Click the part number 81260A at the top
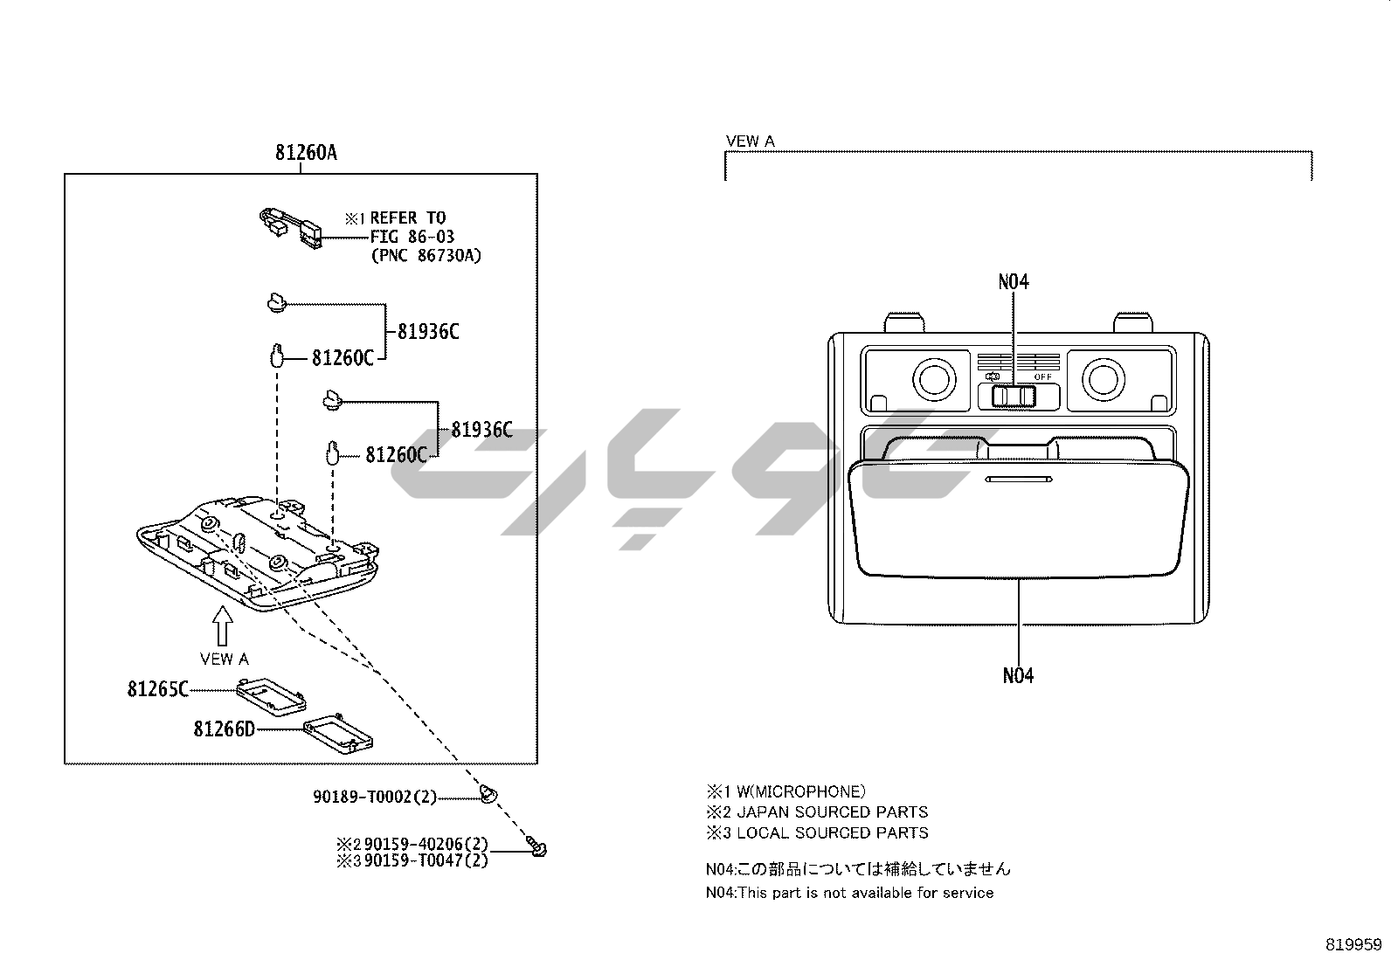click(306, 153)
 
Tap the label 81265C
click(157, 689)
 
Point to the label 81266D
click(224, 729)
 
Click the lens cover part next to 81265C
click(272, 697)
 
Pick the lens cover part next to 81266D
click(338, 730)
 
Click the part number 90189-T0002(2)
click(375, 797)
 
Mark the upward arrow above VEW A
click(224, 626)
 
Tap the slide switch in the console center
click(1014, 397)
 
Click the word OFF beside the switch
click(1043, 376)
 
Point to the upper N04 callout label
click(1014, 281)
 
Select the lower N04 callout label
click(1018, 675)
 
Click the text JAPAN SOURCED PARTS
click(832, 812)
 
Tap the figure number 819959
click(1353, 944)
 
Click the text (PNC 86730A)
click(426, 255)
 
